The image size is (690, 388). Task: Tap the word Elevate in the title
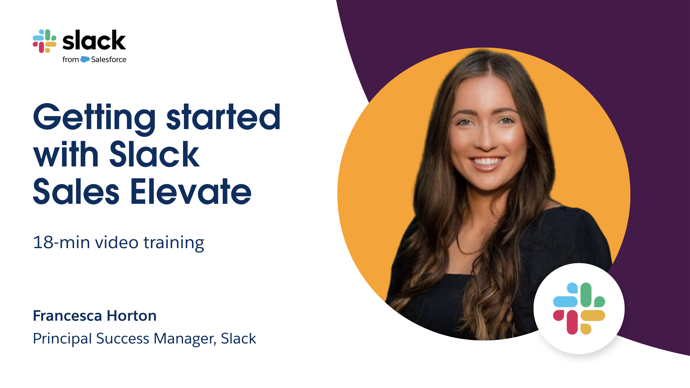191,191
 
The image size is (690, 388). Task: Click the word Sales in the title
76,191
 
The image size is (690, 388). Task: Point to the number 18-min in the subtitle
61,242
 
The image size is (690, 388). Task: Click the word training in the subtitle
174,243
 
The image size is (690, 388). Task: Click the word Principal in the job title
62,339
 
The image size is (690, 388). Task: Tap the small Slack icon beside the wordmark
45,41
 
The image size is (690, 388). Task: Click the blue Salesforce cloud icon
85,59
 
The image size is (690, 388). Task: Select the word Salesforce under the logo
109,59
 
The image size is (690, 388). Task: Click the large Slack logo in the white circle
579,308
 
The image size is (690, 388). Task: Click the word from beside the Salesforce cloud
70,59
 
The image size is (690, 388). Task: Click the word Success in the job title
123,338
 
